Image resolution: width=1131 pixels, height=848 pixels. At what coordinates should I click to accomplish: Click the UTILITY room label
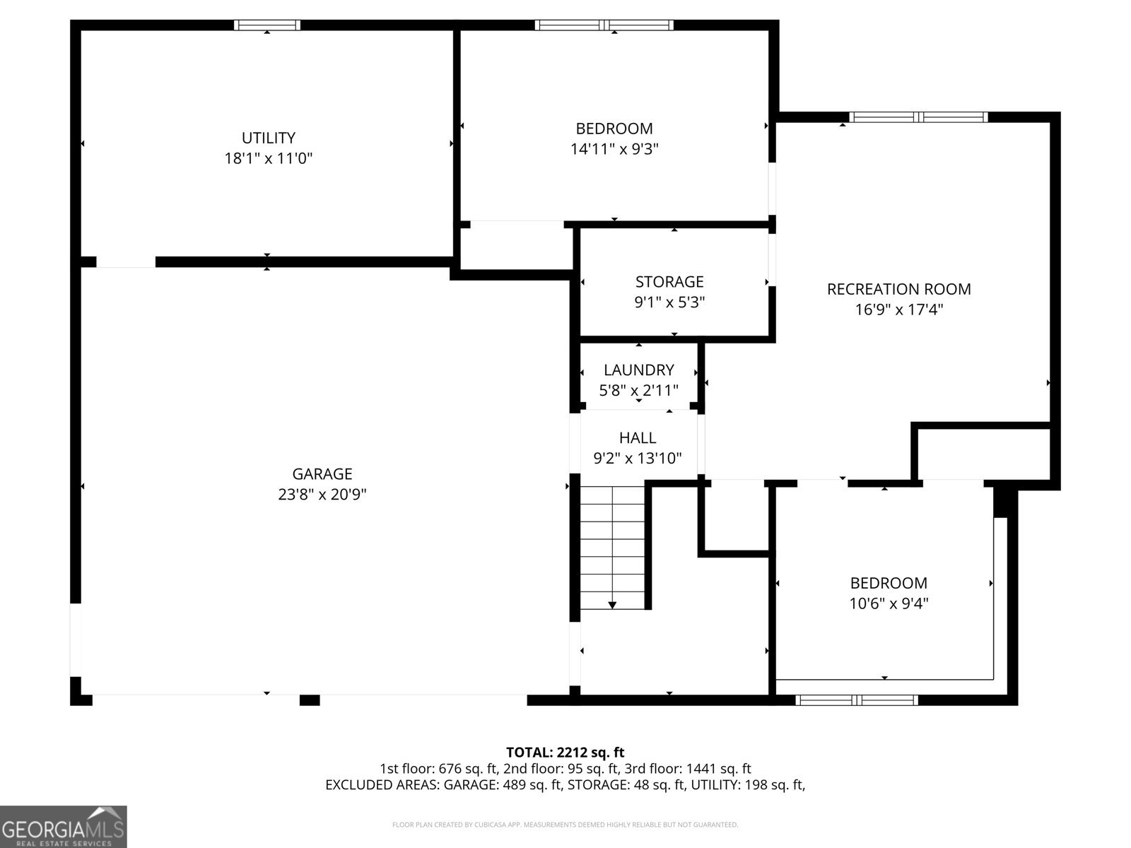pos(268,138)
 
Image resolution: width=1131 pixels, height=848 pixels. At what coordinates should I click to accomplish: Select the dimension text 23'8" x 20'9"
pos(322,494)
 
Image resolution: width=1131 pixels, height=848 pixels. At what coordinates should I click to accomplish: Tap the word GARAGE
pos(322,473)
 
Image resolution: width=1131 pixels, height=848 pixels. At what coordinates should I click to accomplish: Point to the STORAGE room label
pos(669,282)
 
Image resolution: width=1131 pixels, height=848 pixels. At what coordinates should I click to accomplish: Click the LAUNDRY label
pos(638,370)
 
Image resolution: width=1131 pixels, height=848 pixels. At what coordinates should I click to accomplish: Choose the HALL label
pos(637,437)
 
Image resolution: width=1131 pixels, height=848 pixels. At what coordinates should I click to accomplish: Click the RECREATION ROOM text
pos(898,289)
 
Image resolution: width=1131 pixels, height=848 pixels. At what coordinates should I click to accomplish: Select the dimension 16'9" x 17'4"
pos(898,310)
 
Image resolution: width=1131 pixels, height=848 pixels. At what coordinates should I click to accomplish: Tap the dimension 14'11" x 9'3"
pos(614,149)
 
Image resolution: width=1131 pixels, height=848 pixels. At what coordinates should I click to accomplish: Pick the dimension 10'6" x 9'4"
pos(888,603)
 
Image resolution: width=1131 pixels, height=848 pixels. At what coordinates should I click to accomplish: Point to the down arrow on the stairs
pos(612,604)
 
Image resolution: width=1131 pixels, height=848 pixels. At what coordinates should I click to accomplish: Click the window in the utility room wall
pos(267,25)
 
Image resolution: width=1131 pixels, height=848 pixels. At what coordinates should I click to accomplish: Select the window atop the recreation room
pos(918,117)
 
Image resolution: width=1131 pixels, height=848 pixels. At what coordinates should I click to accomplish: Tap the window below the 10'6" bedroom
pos(856,700)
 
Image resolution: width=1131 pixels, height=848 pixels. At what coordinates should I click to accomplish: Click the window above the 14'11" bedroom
pos(604,25)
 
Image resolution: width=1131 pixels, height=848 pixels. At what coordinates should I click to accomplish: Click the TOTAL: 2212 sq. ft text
pos(565,752)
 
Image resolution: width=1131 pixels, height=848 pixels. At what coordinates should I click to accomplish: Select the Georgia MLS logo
pos(63,827)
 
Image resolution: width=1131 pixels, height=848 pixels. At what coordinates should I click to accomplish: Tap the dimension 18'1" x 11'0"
pos(268,158)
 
